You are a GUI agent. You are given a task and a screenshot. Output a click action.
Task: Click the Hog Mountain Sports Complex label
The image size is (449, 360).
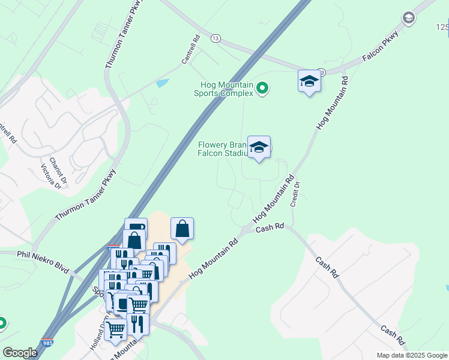(223, 89)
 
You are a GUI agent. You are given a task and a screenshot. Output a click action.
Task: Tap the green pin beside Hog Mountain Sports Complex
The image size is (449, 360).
(262, 89)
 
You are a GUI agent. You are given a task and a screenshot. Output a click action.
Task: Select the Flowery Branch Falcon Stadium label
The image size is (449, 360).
(223, 149)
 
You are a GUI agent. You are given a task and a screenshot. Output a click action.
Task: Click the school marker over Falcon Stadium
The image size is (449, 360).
(259, 147)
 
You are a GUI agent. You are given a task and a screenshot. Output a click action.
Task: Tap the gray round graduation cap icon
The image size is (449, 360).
(409, 18)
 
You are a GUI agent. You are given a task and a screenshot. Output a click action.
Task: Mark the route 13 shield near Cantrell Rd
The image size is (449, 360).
(215, 38)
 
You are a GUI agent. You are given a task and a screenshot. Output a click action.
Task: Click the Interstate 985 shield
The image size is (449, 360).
(47, 343)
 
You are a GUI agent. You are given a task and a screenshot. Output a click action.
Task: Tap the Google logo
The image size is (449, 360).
(20, 353)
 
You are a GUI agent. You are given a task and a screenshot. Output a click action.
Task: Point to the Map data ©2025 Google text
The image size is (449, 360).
(412, 355)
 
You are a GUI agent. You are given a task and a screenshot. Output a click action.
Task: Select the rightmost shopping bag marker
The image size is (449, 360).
(182, 229)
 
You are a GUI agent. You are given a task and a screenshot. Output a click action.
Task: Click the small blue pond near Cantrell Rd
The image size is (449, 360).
(162, 83)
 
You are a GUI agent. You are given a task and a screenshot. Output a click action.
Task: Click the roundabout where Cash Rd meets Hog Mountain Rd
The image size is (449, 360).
(247, 230)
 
